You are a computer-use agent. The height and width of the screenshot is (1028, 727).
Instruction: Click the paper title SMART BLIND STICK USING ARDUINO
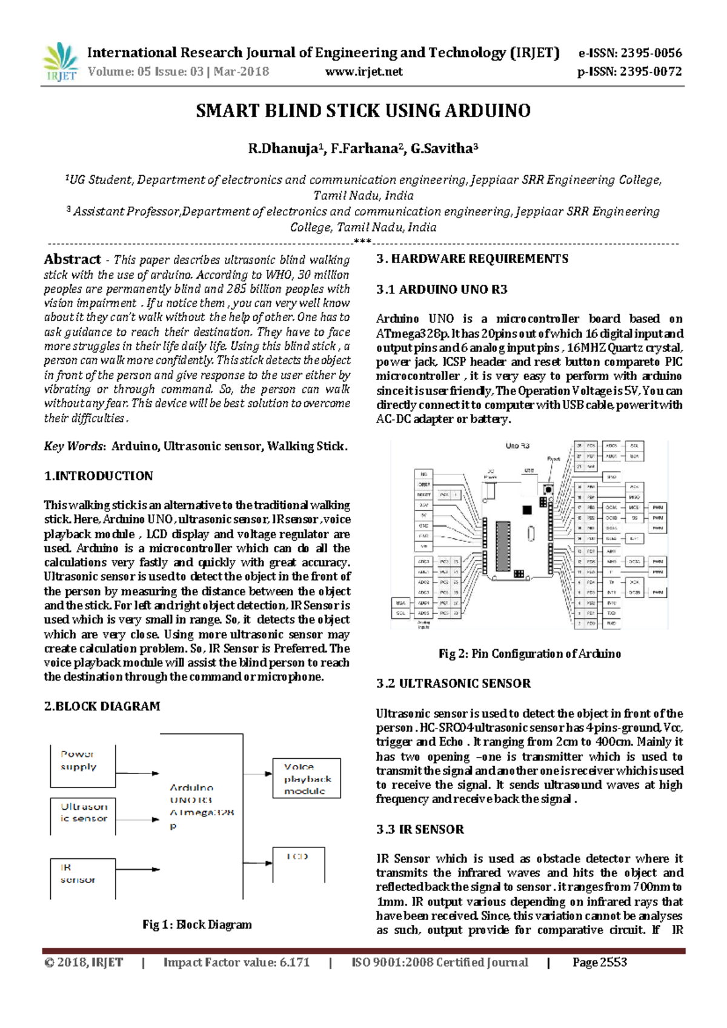[x=363, y=111]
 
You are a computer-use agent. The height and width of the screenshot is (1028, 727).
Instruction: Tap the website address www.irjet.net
[x=363, y=72]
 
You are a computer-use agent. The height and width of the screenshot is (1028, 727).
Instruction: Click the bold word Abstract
[x=72, y=259]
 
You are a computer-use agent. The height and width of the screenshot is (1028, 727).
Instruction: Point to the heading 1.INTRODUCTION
[x=98, y=476]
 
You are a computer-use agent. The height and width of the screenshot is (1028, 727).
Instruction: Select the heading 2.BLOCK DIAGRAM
[x=102, y=706]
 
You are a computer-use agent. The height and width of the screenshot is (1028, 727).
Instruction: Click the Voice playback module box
[x=307, y=778]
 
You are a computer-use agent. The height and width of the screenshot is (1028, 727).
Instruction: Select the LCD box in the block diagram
[x=299, y=864]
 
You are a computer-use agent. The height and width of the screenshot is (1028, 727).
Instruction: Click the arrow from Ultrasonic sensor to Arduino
[x=138, y=819]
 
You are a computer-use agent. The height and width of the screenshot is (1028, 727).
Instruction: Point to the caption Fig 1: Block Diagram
[x=197, y=924]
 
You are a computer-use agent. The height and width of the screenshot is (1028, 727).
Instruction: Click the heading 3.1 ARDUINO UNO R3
[x=442, y=289]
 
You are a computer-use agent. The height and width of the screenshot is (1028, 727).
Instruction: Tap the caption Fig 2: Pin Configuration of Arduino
[x=529, y=653]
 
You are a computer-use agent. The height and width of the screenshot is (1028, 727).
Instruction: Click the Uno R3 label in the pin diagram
[x=517, y=446]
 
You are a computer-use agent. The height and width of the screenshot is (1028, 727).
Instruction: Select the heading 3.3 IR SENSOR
[x=420, y=829]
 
